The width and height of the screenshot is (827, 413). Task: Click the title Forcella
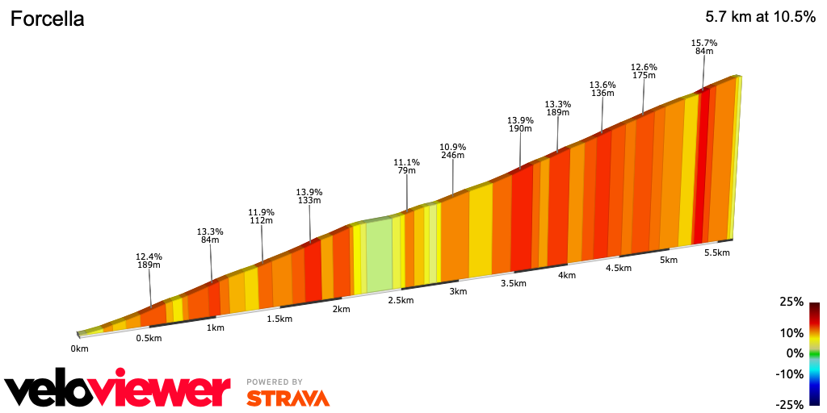(x=47, y=20)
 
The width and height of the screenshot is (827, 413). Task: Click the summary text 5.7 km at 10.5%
(x=760, y=17)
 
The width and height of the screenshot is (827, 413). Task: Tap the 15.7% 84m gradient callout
(x=704, y=47)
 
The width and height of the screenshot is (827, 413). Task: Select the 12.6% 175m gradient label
(x=644, y=71)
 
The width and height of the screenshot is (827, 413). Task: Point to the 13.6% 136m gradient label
(x=602, y=89)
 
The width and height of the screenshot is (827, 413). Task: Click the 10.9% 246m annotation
(x=452, y=151)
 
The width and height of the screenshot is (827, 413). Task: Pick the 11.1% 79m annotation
(x=406, y=166)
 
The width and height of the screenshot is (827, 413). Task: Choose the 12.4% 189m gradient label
(x=149, y=261)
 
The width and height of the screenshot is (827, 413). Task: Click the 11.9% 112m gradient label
(x=261, y=216)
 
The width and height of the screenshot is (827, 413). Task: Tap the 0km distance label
(x=79, y=348)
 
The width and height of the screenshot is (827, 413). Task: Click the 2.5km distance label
(x=401, y=300)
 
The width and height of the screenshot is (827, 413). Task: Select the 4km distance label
(x=566, y=275)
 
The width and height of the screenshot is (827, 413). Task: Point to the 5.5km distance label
(x=716, y=252)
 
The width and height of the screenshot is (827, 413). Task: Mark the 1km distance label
(x=215, y=327)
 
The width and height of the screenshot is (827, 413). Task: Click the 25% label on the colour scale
(x=791, y=302)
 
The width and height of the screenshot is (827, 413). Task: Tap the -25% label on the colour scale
(x=790, y=404)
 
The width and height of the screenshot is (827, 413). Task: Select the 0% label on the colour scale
(x=795, y=353)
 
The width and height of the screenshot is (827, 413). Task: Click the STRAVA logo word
(x=288, y=398)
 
